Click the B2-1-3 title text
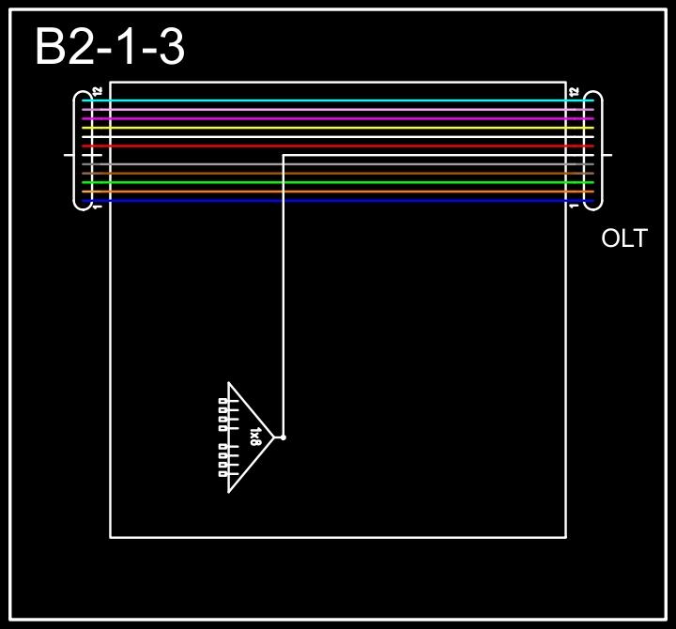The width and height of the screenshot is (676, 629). point(109,47)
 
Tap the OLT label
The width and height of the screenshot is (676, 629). point(624,238)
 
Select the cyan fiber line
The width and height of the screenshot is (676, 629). point(338,100)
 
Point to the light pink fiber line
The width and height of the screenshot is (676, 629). point(338,110)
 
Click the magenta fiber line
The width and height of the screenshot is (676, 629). point(338,119)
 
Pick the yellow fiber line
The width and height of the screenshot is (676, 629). point(338,129)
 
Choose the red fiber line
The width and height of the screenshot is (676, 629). point(338,146)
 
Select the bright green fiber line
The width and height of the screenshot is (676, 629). point(338,183)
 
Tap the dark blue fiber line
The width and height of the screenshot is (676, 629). point(338,201)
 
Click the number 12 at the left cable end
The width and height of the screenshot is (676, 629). point(98,92)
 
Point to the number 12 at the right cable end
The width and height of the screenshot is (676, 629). point(575,92)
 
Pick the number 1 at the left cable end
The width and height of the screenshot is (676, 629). point(98,207)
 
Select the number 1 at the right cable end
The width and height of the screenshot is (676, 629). point(575,207)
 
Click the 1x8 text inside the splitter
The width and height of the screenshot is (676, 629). point(255,437)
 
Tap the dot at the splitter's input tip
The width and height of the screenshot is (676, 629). point(283,437)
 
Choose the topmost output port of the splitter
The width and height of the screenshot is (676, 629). point(223,401)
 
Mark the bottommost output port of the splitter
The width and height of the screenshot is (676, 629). point(223,474)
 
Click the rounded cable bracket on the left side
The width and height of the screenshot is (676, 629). point(80,150)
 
